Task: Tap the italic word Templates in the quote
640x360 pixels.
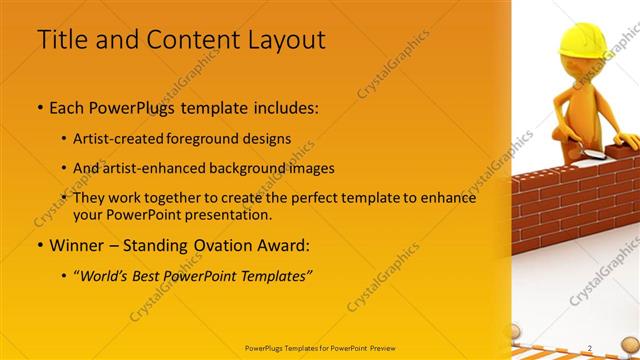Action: click(272, 276)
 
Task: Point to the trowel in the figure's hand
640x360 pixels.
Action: click(591, 154)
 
